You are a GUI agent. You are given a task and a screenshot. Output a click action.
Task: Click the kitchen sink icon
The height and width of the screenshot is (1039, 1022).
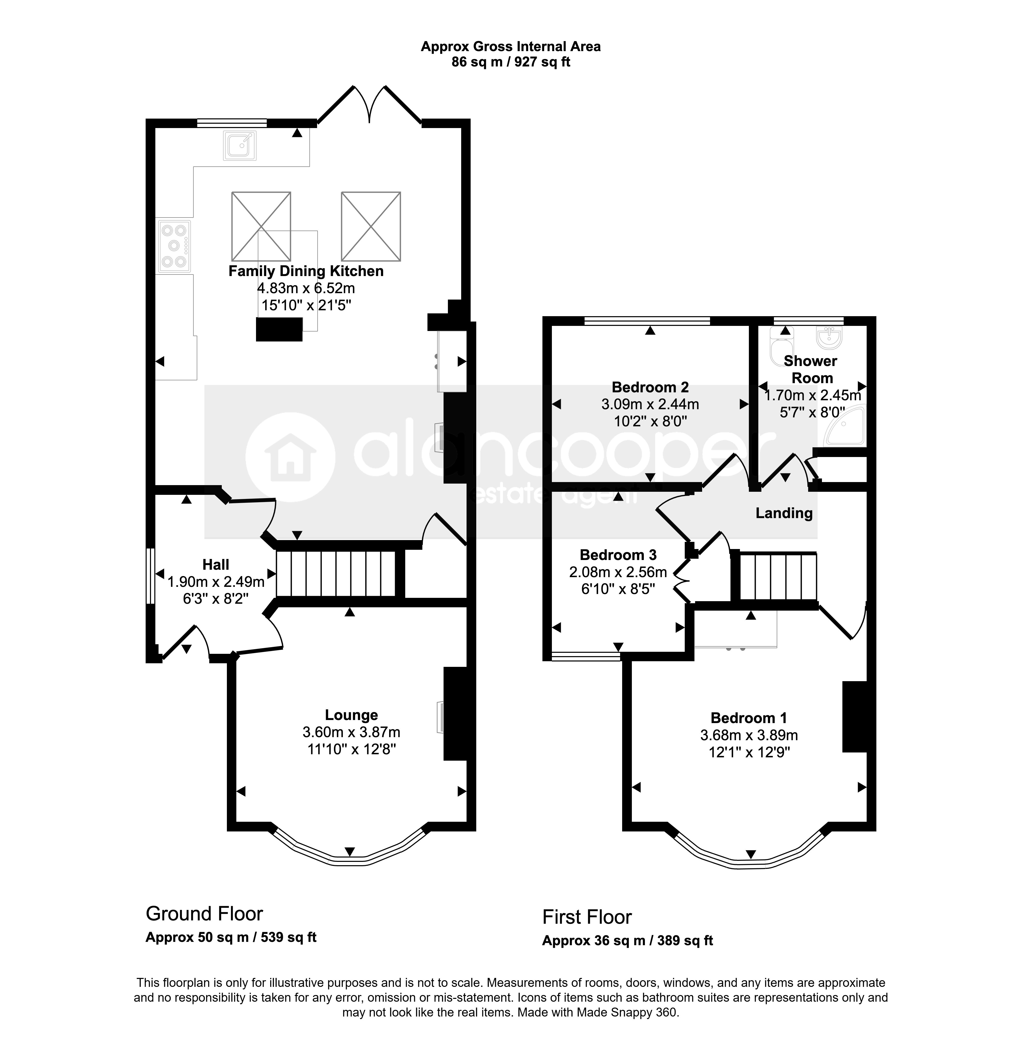(x=239, y=145)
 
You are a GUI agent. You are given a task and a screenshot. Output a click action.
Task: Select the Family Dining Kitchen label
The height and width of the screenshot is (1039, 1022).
(x=306, y=271)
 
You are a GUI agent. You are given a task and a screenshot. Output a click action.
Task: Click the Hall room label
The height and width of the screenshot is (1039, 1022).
(x=216, y=564)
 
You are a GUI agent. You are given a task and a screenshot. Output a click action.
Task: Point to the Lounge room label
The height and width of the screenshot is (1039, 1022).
(x=352, y=715)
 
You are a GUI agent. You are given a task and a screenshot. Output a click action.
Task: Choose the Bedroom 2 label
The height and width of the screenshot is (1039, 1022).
(x=650, y=387)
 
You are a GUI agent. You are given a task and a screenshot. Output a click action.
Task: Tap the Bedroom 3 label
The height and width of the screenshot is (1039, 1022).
(x=618, y=555)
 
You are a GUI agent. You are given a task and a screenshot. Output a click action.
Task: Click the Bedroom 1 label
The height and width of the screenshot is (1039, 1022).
(x=749, y=718)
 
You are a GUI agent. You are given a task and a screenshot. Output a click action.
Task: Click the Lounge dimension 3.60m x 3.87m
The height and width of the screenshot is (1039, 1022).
(x=352, y=732)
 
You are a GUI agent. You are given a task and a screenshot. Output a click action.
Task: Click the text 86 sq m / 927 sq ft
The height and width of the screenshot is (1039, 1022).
(x=510, y=62)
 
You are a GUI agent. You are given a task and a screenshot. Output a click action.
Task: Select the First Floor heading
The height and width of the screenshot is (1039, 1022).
(x=587, y=917)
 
